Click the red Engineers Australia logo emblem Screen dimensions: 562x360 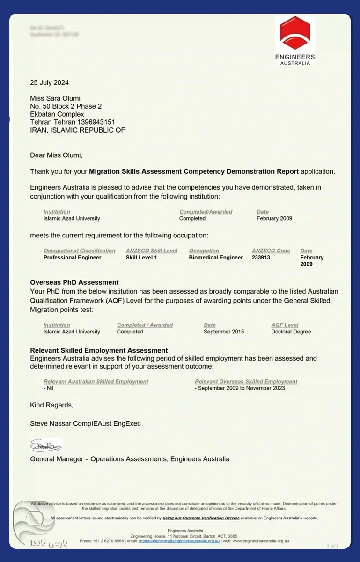coord(295,34)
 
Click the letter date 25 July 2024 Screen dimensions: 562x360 coord(49,83)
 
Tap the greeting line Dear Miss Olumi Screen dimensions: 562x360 coord(56,155)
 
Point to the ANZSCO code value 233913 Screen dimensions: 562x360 coord(261,258)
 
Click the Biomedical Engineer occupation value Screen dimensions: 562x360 coord(216,258)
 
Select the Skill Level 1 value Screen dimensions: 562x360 coord(141,258)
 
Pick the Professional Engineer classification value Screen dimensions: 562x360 coord(72,258)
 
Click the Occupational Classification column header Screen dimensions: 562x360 coord(79,251)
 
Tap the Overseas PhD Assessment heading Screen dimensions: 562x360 coord(74,282)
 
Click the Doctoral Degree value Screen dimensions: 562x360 coord(291,332)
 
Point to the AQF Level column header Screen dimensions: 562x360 coord(285,325)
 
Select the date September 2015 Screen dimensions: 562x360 coord(224,332)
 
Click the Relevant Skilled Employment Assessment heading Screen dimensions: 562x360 coord(99,350)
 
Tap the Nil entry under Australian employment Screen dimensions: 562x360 coord(49,388)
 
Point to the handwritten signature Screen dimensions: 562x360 coord(46,445)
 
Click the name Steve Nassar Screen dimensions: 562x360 coord(51,423)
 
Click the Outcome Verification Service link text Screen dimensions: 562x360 coord(201,518)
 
